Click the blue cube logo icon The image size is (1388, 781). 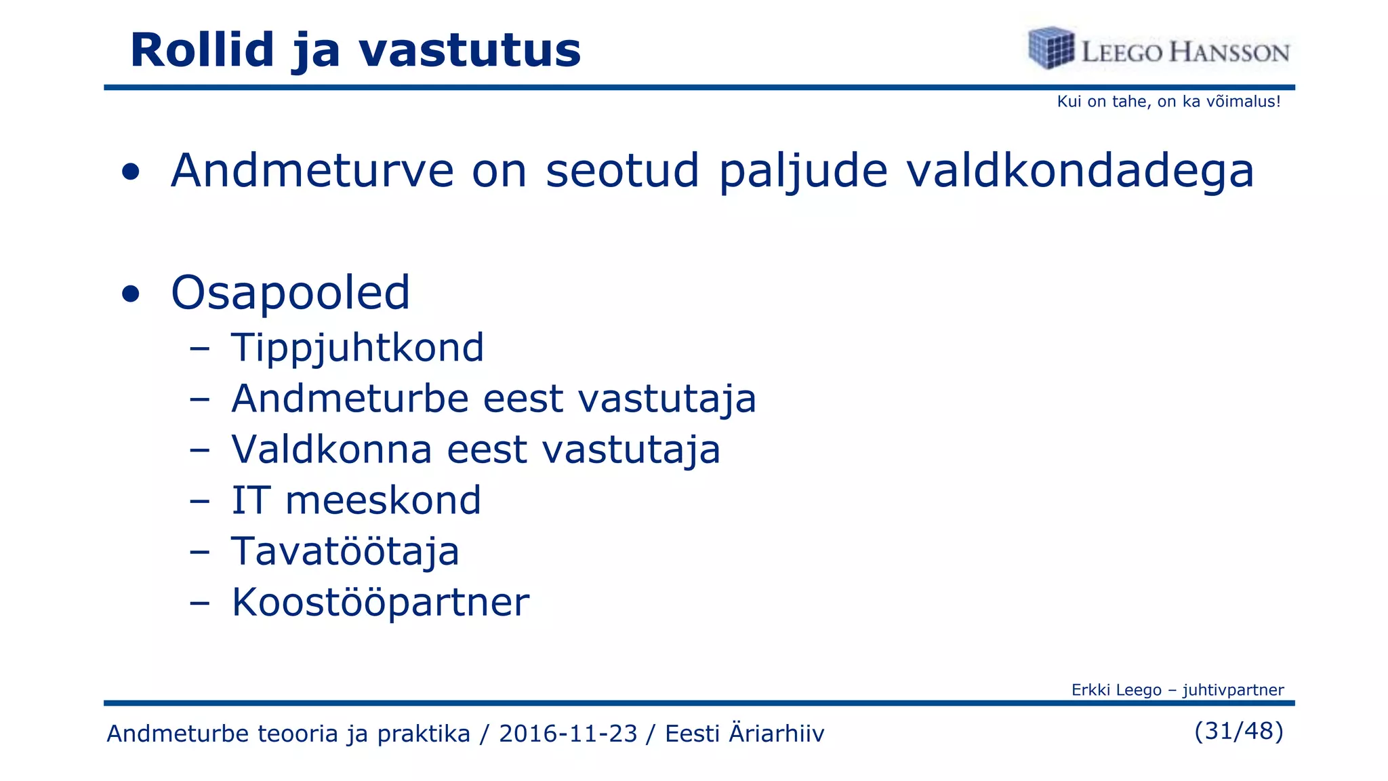(1050, 47)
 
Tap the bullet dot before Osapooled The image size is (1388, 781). (131, 294)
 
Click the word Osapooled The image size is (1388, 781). (290, 293)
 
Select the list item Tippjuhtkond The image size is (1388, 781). (357, 348)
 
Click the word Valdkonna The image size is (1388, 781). (331, 449)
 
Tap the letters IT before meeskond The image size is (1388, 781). (251, 500)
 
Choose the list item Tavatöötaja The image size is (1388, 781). (345, 551)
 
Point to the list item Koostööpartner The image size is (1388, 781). (380, 602)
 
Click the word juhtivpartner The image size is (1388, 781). (1233, 690)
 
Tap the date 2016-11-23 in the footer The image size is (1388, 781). (568, 734)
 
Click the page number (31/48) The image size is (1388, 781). (1238, 731)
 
